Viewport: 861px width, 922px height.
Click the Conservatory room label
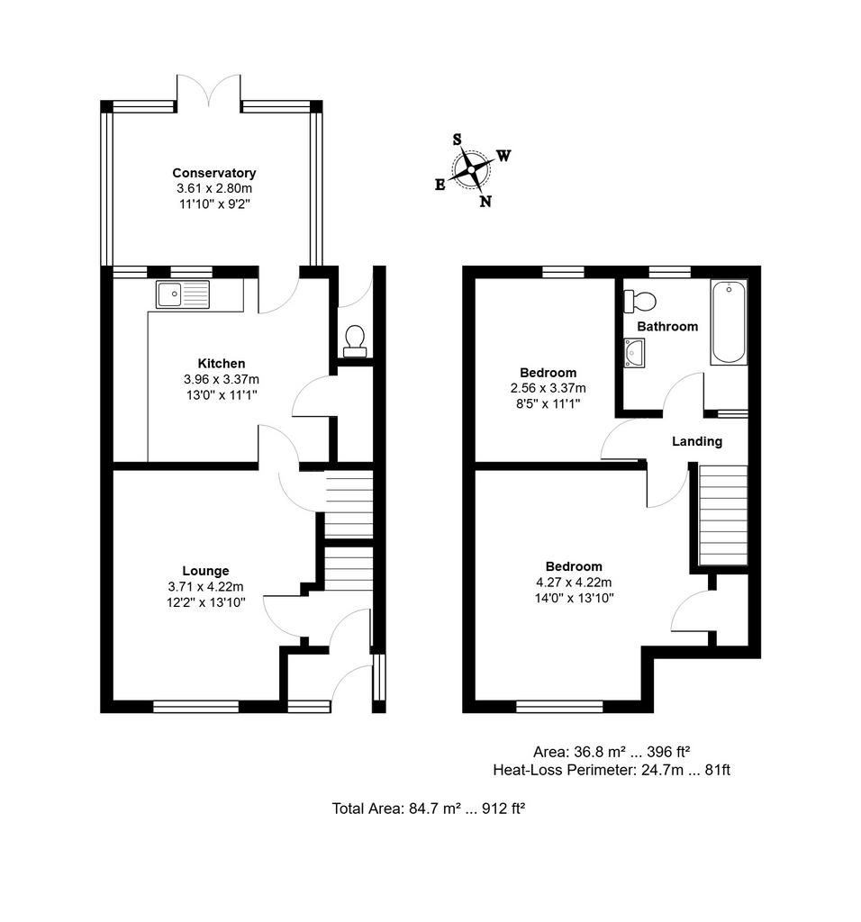tap(214, 173)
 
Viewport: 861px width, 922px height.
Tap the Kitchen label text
tap(222, 364)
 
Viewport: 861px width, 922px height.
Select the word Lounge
tap(205, 571)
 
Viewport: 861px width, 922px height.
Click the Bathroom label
tap(667, 326)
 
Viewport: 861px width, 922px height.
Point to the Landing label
tap(697, 441)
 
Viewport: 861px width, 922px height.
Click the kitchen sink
tap(182, 294)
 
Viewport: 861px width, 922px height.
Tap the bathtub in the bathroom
tap(729, 321)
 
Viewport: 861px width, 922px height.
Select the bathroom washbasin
tap(634, 353)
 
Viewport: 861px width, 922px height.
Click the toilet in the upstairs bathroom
tap(639, 302)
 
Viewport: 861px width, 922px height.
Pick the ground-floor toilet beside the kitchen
tap(355, 341)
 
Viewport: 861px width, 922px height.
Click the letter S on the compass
tap(457, 140)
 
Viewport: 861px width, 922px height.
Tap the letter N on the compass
tap(485, 202)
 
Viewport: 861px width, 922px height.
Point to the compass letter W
tap(503, 156)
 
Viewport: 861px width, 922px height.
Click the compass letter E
tap(440, 185)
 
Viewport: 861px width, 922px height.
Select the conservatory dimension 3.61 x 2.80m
tap(214, 189)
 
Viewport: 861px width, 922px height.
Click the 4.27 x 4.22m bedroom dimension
tap(574, 583)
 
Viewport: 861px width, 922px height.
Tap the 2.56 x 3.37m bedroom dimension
tap(548, 388)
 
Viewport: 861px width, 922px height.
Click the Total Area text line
tap(428, 809)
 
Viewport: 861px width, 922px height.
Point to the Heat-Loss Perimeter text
tap(612, 770)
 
